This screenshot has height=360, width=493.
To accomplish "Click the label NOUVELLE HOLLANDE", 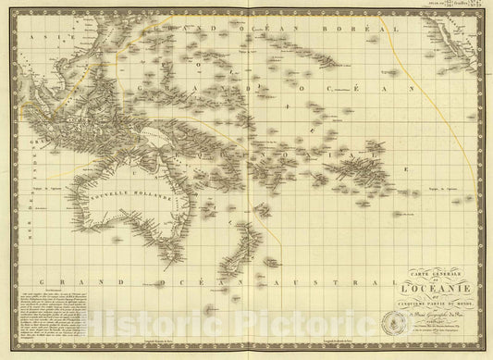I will [x=118, y=198].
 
